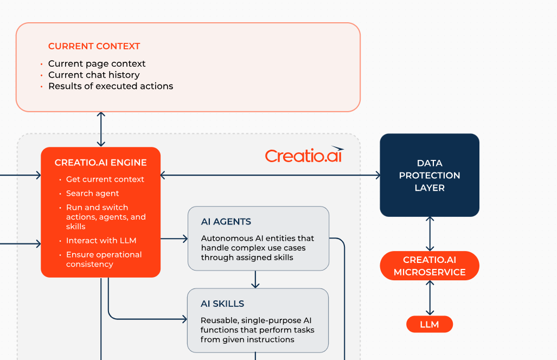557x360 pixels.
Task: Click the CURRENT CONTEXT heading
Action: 94,46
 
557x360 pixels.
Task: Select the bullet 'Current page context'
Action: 97,63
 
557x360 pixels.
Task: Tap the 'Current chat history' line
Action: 94,75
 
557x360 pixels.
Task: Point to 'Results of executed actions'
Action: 111,86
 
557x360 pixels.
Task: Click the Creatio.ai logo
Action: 304,156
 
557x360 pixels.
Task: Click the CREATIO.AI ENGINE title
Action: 100,163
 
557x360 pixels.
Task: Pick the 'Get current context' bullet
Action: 105,179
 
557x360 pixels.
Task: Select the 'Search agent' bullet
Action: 92,194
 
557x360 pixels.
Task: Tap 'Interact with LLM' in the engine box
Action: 101,241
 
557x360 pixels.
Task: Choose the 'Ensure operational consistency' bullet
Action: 104,260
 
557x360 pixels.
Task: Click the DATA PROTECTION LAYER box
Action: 430,175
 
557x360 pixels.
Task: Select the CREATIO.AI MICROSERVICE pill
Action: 430,266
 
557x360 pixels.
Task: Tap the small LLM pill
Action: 430,325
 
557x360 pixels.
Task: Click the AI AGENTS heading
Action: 226,222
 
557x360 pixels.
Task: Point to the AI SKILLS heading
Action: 222,304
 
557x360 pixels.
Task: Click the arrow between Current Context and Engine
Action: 101,129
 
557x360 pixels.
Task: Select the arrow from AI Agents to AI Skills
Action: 255,279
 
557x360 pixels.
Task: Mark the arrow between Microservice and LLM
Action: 430,298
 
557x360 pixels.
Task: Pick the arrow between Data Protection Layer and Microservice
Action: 430,234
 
